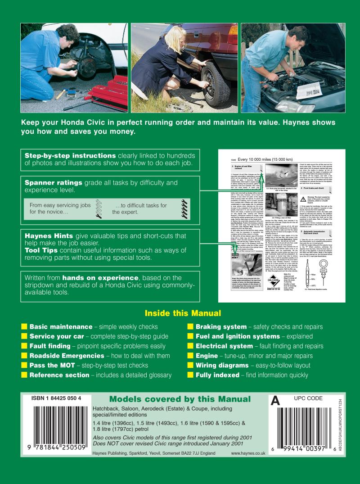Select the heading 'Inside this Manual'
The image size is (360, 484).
click(x=182, y=313)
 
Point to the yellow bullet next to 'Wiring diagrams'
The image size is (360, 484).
click(x=190, y=366)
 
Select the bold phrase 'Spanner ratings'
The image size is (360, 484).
click(x=53, y=183)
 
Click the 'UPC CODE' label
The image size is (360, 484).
click(x=308, y=398)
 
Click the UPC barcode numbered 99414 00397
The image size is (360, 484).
click(x=308, y=423)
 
